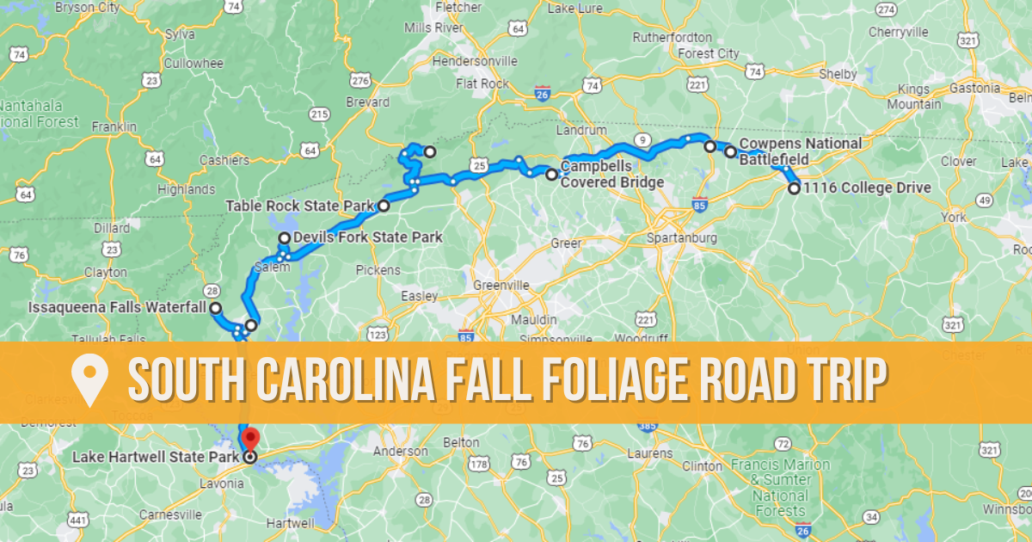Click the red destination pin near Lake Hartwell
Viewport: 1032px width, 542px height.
point(249,436)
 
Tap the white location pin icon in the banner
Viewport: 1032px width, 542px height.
point(89,379)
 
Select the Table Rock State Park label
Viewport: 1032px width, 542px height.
point(299,206)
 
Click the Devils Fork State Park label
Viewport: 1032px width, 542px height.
point(367,237)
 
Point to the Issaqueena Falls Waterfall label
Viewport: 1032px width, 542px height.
point(117,307)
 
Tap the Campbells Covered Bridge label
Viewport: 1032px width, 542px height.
point(611,174)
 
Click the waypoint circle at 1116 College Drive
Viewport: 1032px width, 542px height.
point(794,188)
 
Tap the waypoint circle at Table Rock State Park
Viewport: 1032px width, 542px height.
point(384,206)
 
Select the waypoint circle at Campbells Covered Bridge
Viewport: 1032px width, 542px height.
point(551,174)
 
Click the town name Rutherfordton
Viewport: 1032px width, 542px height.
point(673,37)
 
